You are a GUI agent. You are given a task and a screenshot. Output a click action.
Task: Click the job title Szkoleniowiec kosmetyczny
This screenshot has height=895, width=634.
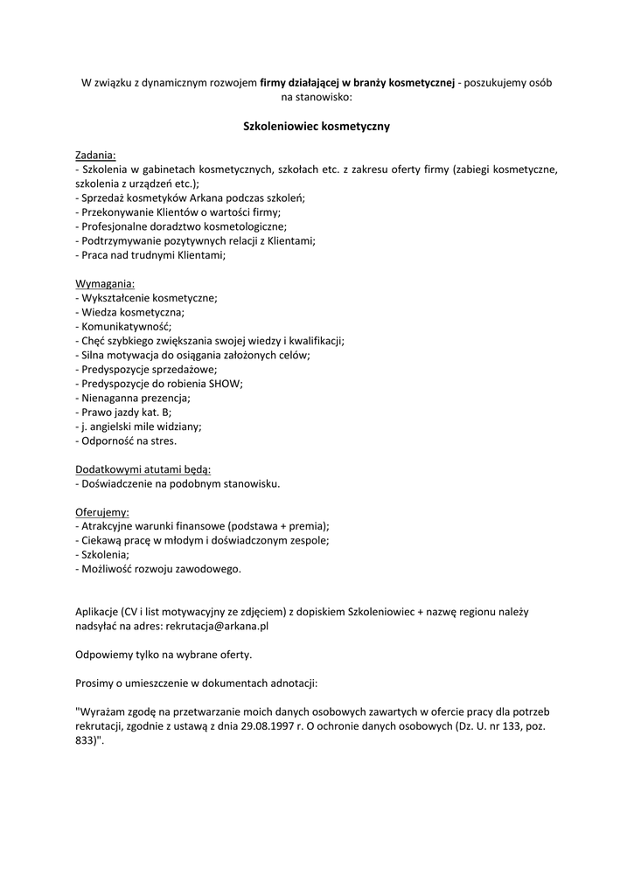tap(316, 126)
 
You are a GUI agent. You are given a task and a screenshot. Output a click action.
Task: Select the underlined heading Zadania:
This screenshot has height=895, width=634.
tap(95, 155)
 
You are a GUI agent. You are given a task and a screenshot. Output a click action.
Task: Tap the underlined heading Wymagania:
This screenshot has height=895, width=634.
tap(105, 284)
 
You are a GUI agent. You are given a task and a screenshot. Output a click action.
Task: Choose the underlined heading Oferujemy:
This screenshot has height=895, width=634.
tap(102, 511)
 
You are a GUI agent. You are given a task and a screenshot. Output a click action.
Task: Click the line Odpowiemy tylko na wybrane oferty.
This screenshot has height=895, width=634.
tap(164, 654)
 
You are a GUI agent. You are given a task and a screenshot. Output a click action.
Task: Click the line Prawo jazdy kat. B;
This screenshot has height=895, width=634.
tap(123, 412)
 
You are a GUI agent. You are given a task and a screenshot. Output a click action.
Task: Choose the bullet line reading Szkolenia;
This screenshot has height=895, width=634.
tap(102, 554)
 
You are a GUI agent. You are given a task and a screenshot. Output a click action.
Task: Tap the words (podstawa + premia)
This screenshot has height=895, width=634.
tap(277, 526)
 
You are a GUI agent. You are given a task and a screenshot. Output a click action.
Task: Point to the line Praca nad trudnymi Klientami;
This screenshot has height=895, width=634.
tap(150, 255)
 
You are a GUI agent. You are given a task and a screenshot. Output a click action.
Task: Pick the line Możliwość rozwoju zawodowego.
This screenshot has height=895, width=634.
tap(157, 569)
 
